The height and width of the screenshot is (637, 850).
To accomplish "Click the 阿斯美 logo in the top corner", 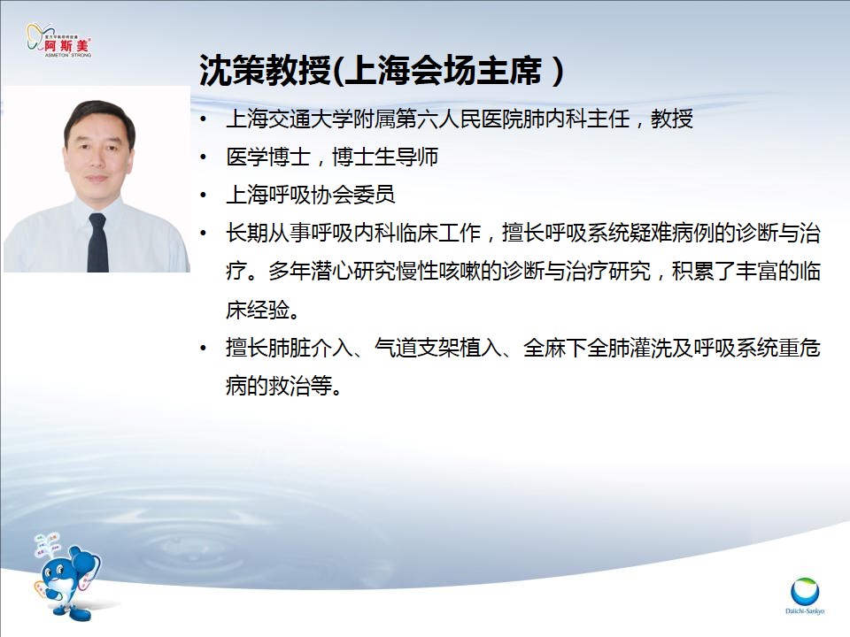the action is coord(59,40).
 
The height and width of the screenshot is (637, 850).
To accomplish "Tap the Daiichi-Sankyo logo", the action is coord(805,595).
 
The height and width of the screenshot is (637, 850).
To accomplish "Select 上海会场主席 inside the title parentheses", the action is coord(443,71).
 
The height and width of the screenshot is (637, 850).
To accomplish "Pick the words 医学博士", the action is coord(268,157).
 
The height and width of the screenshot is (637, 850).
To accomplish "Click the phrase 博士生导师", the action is coord(385,157).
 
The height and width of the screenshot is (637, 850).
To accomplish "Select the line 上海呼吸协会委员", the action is coord(311,195).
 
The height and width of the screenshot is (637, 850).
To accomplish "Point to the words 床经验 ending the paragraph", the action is coord(258,310).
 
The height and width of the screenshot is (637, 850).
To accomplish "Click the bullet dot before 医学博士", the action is coord(204,157).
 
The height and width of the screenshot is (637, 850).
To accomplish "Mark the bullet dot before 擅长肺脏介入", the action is coord(204,349).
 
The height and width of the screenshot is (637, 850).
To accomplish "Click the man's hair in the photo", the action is coord(97,117).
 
